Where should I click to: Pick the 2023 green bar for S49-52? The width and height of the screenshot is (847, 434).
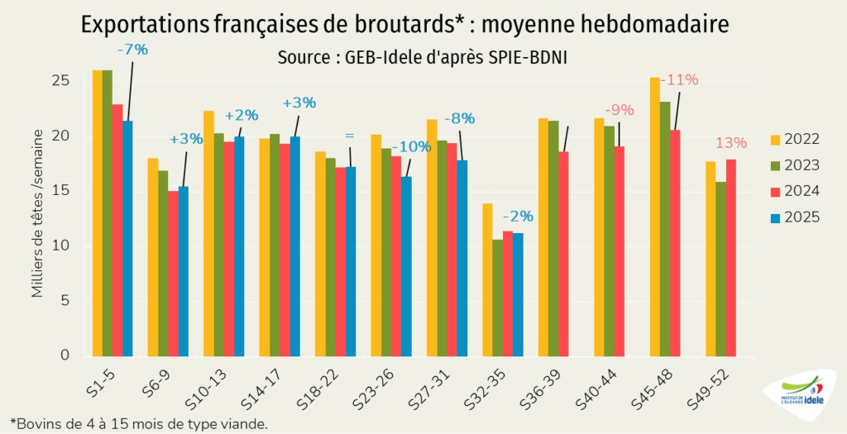[720, 269]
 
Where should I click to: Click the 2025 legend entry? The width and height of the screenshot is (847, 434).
[795, 217]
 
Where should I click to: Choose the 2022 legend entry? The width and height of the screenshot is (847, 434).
[795, 138]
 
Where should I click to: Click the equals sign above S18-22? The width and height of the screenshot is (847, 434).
[349, 135]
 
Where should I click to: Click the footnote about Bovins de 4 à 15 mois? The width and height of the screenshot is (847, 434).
[139, 423]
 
